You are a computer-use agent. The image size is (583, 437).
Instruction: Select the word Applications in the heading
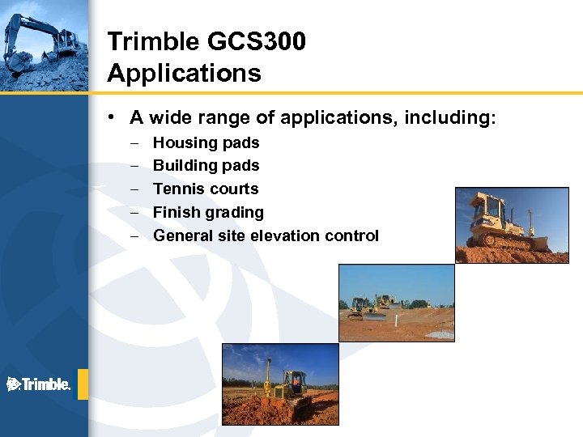[x=184, y=74]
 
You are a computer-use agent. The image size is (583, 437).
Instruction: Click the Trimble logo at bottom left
[x=38, y=384]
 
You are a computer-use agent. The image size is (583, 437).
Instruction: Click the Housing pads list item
[x=206, y=143]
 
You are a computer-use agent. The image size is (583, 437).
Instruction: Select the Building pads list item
[x=206, y=166]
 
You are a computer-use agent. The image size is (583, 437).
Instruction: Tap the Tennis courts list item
[x=206, y=189]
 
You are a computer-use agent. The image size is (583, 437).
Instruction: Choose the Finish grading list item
[x=208, y=213]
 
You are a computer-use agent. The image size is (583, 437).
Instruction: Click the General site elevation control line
[x=266, y=236]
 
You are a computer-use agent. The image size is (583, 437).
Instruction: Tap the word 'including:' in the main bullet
[x=453, y=118]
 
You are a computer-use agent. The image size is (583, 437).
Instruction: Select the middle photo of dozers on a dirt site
[x=396, y=303]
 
